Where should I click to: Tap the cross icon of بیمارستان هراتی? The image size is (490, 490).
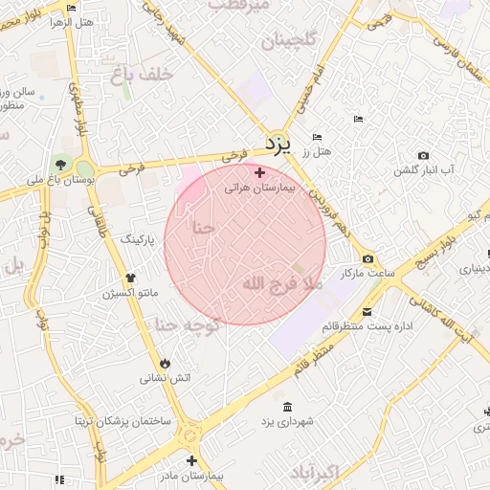pos(259,172)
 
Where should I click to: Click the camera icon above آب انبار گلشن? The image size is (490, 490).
pos(424,155)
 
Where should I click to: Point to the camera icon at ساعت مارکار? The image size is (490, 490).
pos(368,259)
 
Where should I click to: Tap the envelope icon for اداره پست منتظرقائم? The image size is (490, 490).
pos(367,311)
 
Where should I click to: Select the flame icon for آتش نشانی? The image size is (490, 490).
pos(166,363)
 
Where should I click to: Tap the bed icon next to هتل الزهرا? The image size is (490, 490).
pos(72,9)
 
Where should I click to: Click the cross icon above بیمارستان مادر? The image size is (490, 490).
pos(192,460)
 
